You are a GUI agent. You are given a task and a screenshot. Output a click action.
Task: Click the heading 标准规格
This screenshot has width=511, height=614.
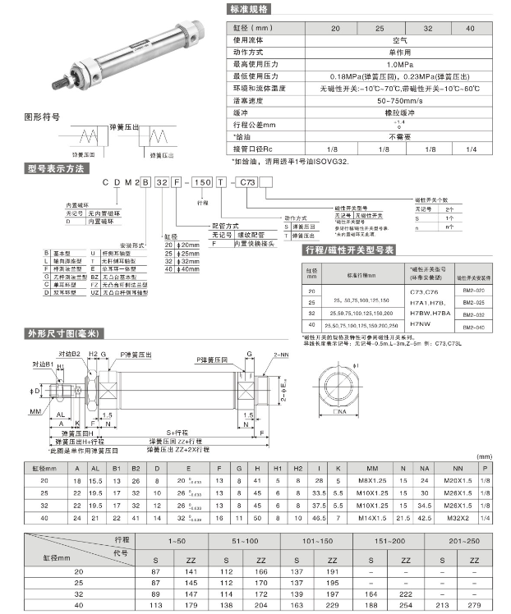pyautogui.click(x=255, y=9)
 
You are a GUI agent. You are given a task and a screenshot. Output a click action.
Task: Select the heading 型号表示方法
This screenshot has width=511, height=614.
pyautogui.click(x=55, y=168)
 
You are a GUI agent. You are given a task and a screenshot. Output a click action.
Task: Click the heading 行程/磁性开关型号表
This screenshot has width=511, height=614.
pyautogui.click(x=350, y=250)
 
